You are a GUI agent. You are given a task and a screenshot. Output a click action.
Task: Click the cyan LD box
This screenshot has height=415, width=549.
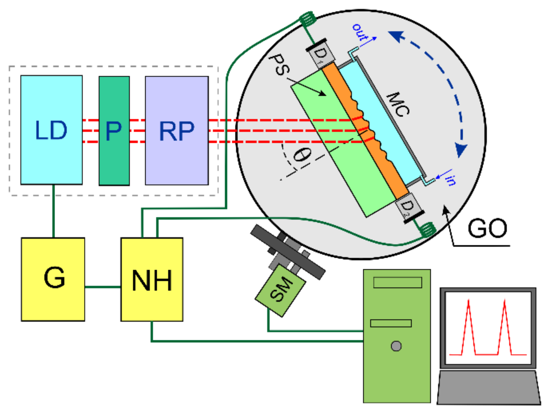click(x=51, y=130)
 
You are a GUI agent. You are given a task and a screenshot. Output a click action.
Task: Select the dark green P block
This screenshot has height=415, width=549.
click(x=114, y=131)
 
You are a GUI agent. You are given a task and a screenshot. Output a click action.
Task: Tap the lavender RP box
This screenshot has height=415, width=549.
click(x=177, y=131)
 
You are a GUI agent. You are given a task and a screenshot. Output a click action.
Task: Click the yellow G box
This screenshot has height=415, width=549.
click(x=53, y=279)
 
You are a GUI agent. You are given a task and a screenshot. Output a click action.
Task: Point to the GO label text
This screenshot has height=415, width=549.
click(x=487, y=228)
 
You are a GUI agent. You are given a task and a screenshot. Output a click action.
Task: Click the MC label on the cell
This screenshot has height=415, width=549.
click(x=398, y=104)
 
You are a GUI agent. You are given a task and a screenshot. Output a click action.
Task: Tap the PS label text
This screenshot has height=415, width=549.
click(x=280, y=65)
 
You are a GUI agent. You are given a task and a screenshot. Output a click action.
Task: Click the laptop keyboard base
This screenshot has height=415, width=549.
click(x=488, y=388)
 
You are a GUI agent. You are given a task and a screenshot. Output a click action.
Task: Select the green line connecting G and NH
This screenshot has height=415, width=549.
click(x=102, y=287)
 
